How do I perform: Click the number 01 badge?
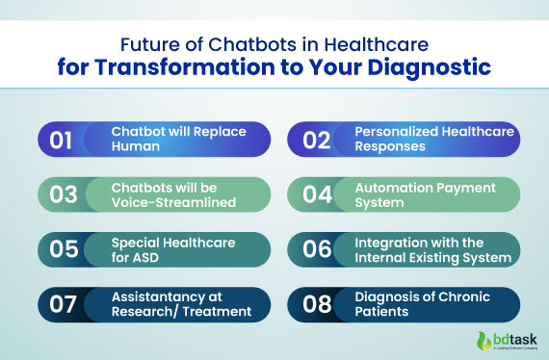pyautogui.click(x=63, y=140)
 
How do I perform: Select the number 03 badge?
pyautogui.click(x=63, y=195)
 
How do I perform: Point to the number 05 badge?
pyautogui.click(x=63, y=250)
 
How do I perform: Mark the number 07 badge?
pyautogui.click(x=63, y=304)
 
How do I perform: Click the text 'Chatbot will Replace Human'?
pyautogui.click(x=166, y=140)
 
